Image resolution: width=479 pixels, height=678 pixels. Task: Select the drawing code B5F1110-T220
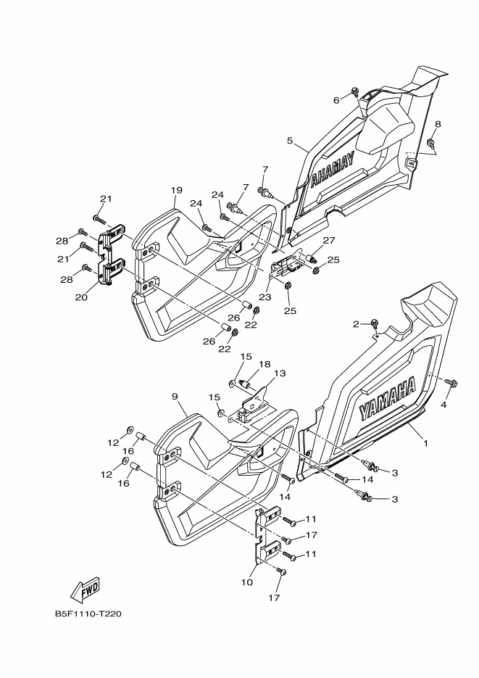pyautogui.click(x=88, y=614)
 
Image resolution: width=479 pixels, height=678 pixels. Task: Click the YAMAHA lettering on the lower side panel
pyautogui.click(x=388, y=400)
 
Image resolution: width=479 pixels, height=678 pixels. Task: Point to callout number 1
pyautogui.click(x=426, y=442)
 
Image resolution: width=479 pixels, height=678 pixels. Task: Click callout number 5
pyautogui.click(x=289, y=141)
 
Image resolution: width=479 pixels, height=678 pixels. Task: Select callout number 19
pyautogui.click(x=176, y=190)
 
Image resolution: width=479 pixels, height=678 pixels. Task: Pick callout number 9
pyautogui.click(x=175, y=396)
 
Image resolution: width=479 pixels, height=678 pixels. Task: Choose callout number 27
pyautogui.click(x=328, y=240)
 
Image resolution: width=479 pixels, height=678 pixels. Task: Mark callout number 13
pyautogui.click(x=279, y=373)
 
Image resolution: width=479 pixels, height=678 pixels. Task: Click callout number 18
pyautogui.click(x=265, y=364)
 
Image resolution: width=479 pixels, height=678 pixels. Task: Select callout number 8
pyautogui.click(x=438, y=124)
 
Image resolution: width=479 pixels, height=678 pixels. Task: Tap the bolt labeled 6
pyautogui.click(x=354, y=91)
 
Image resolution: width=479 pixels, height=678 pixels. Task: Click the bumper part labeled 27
pyautogui.click(x=314, y=257)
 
